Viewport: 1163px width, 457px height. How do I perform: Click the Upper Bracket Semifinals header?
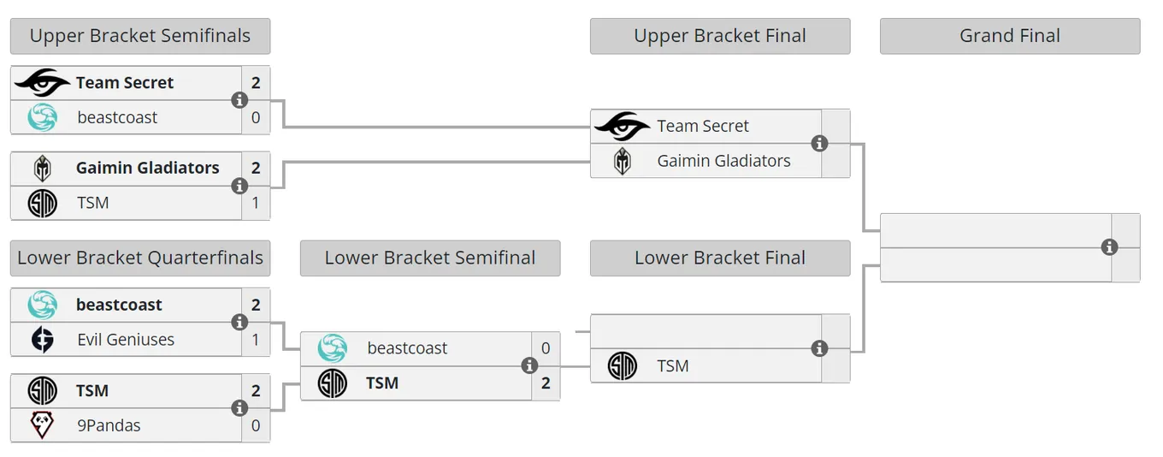[x=140, y=36]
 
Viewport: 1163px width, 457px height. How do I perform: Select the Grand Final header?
[x=1010, y=36]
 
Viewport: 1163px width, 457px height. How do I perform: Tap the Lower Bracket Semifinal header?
[x=430, y=258]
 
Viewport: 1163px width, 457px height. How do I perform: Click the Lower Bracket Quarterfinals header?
[x=140, y=258]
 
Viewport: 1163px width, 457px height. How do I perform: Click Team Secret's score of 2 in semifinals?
[x=256, y=82]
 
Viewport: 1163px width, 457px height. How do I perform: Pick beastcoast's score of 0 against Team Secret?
[x=256, y=117]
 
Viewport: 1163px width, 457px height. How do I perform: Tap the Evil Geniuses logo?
[x=42, y=340]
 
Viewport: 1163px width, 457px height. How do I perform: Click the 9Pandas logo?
[x=42, y=425]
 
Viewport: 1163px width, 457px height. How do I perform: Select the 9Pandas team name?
[x=109, y=425]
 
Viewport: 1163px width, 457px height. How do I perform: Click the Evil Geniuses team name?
[x=126, y=340]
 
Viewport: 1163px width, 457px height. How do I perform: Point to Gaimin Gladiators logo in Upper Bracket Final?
[x=622, y=161]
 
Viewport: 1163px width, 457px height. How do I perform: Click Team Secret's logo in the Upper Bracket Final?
[x=622, y=126]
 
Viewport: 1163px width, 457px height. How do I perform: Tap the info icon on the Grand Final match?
[x=1109, y=247]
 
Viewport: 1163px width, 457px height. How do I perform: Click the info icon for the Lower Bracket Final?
[x=819, y=348]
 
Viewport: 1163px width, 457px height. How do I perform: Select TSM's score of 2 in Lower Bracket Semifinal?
[x=546, y=383]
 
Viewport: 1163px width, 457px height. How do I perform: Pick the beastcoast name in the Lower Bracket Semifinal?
[x=407, y=348]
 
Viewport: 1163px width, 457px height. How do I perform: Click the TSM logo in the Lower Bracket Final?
[x=622, y=366]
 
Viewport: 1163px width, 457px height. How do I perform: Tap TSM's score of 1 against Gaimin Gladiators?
[x=256, y=203]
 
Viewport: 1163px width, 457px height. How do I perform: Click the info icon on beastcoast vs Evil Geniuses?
[x=239, y=322]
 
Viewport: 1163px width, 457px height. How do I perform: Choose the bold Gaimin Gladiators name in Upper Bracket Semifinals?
[x=147, y=168]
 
